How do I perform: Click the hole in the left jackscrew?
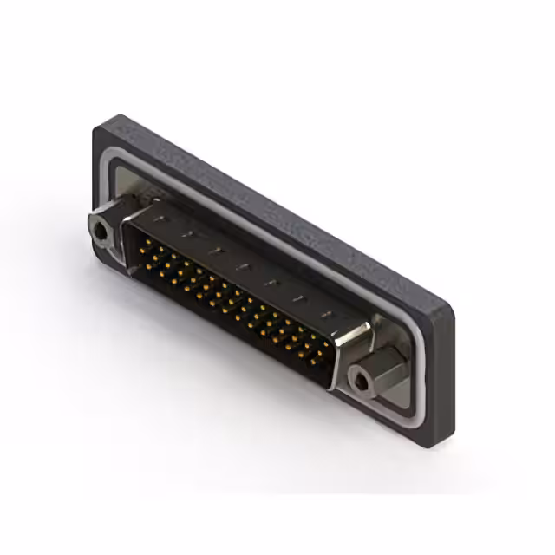pos(102,232)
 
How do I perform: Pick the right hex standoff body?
pos(382,373)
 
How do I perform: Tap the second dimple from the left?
pos(186,236)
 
